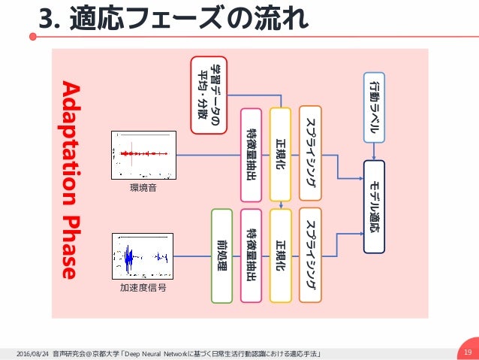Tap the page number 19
point(467,351)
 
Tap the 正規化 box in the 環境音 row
point(279,154)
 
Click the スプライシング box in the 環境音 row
point(310,153)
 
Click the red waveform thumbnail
point(142,156)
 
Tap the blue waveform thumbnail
point(142,256)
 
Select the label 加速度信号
point(143,287)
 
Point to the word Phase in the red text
point(69,248)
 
